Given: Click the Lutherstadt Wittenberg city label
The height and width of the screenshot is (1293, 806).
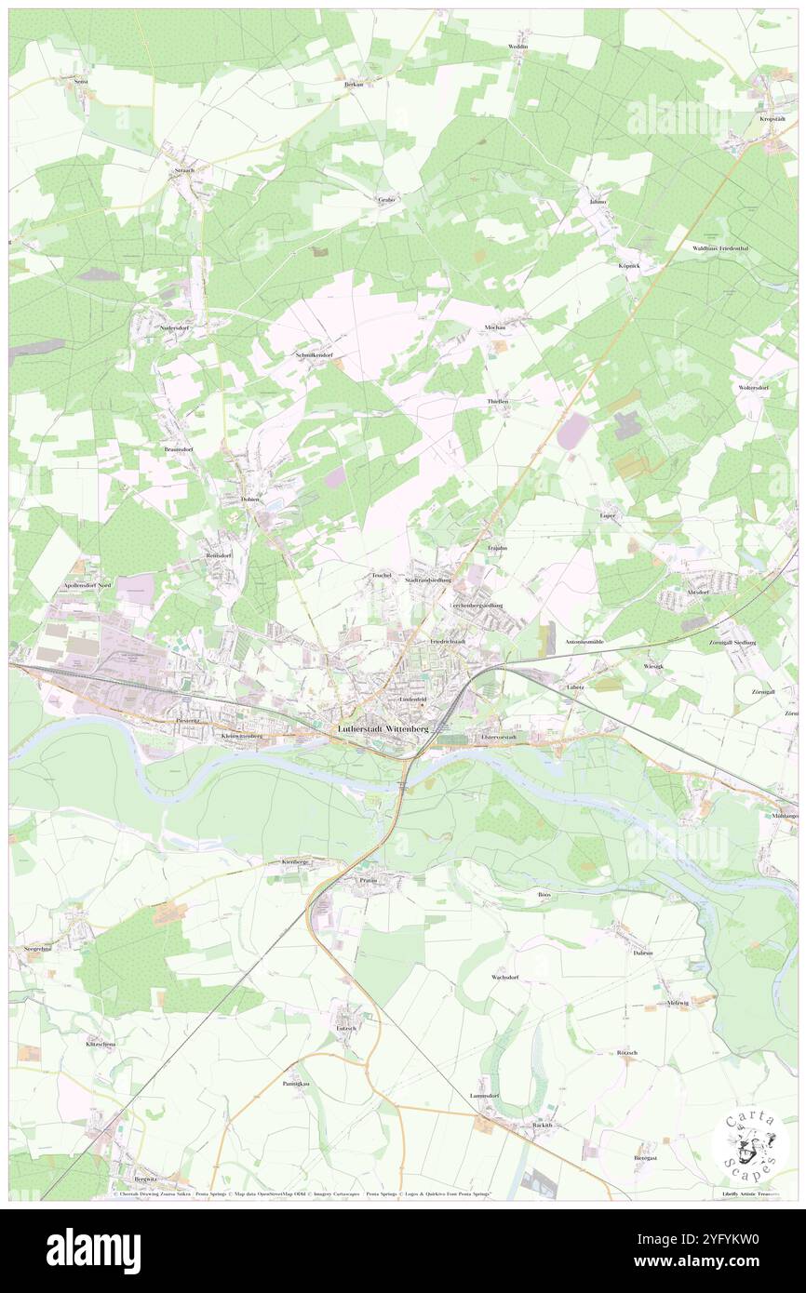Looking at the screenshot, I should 383,729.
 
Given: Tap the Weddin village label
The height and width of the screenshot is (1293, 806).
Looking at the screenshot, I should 518,46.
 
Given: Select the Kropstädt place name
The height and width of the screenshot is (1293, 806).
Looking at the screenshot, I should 774,119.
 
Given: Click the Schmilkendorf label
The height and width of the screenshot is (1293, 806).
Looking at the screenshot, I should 314,355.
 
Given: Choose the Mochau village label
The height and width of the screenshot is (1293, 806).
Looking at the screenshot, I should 494,327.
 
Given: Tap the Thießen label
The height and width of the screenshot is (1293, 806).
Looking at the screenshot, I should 498,400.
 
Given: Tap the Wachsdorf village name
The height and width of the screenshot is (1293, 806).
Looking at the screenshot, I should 504,978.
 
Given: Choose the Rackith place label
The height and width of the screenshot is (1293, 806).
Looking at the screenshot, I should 542,1125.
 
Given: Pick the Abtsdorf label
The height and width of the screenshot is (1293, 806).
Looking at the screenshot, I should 697,591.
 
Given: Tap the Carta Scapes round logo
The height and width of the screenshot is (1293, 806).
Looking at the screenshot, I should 749,1143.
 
